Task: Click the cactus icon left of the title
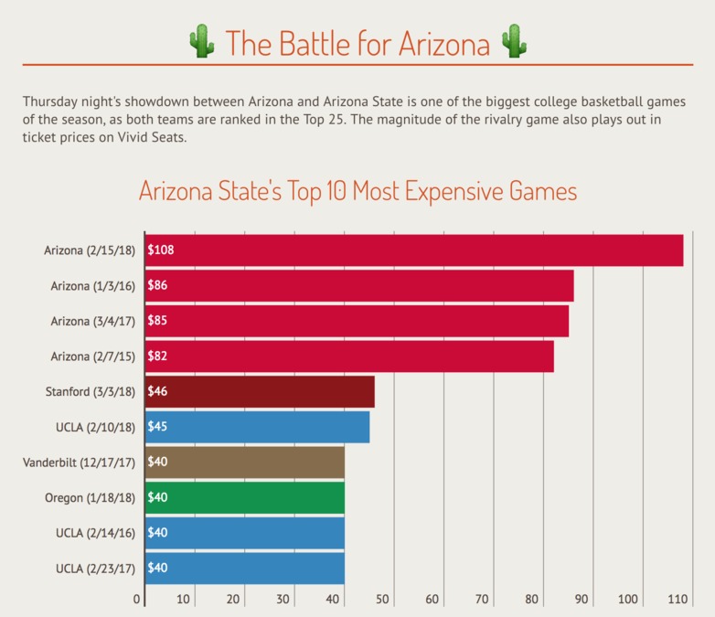coord(200,42)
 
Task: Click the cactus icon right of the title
coord(515,42)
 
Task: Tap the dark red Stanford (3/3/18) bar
coord(260,391)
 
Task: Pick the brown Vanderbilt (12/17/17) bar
coord(245,463)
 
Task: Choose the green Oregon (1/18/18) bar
coord(245,497)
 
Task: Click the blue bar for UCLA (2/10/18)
coord(257,427)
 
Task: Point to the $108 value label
coord(161,250)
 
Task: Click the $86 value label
coord(157,286)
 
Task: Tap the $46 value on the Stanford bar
coord(157,391)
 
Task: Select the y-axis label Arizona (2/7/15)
coord(93,356)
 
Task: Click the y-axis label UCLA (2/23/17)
coord(96,569)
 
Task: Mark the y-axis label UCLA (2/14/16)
coord(96,533)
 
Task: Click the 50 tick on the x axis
coord(382,600)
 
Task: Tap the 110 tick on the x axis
coord(678,600)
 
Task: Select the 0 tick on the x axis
coord(137,600)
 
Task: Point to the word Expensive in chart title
coord(457,192)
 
